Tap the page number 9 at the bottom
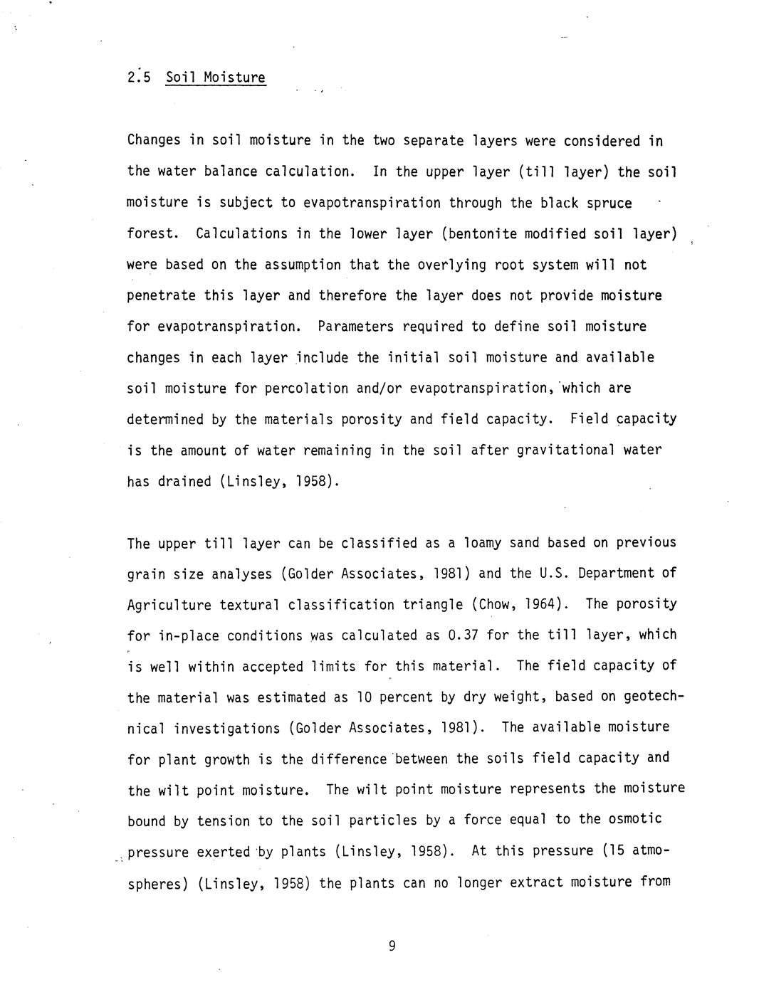tap(392, 945)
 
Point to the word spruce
tap(605, 203)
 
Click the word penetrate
tap(161, 295)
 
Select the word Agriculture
tap(169, 605)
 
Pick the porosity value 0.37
tap(464, 635)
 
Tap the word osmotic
tap(636, 819)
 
